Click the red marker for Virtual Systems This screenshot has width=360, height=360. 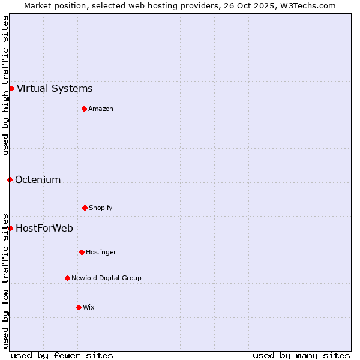(x=11, y=89)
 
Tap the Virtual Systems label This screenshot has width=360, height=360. (x=55, y=89)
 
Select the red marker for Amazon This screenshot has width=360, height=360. (x=84, y=109)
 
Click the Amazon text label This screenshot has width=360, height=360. (x=101, y=109)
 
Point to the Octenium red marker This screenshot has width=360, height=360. (x=10, y=179)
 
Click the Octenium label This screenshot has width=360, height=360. (x=38, y=179)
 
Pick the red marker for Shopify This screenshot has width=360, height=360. (x=85, y=208)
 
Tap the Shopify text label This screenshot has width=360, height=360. (x=101, y=208)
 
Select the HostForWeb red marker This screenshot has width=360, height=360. (x=10, y=228)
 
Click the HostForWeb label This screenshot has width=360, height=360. (x=44, y=228)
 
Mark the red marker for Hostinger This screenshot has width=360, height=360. (x=82, y=252)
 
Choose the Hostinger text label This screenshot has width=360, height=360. (x=101, y=252)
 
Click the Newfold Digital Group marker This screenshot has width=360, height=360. (x=67, y=278)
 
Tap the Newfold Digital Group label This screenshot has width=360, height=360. (x=106, y=278)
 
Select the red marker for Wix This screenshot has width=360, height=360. (x=79, y=307)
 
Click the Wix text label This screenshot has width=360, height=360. (x=89, y=307)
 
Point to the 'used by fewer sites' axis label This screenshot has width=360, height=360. (x=62, y=355)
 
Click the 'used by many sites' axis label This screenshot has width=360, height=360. (x=301, y=355)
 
